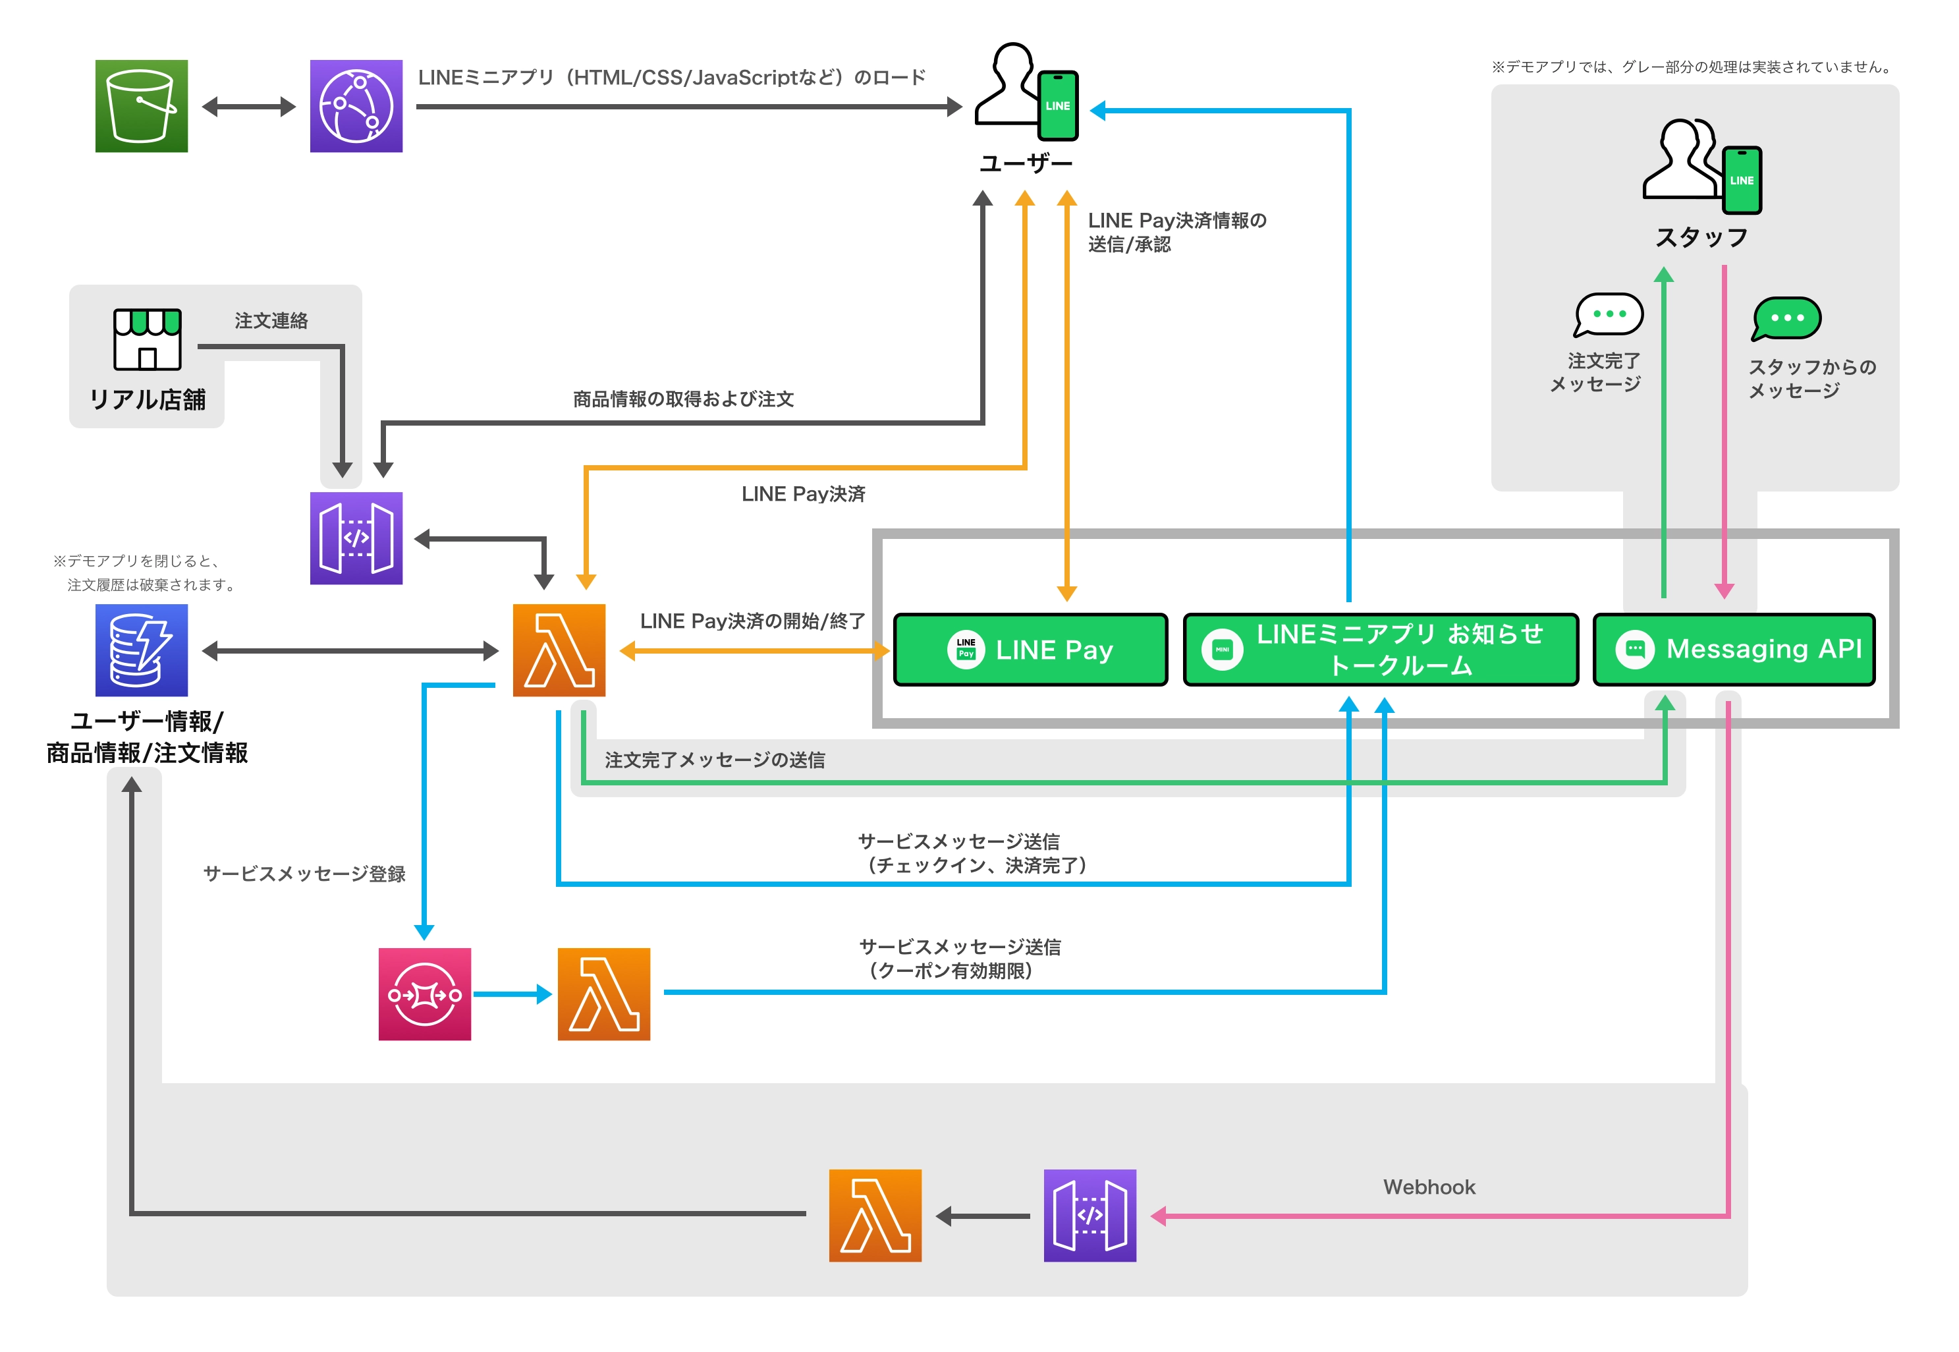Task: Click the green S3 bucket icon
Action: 142,106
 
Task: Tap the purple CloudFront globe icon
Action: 356,106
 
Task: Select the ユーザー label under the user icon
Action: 1026,163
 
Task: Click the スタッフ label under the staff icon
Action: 1701,238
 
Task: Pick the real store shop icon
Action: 148,339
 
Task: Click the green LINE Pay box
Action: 1030,650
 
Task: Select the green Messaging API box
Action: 1733,650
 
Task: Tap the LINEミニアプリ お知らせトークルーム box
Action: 1381,650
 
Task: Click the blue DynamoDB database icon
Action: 142,650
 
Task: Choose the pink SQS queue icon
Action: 424,994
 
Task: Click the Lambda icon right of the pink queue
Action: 604,994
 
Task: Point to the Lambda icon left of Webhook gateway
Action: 875,1216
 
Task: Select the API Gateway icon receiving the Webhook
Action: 1090,1216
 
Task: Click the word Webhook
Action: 1429,1187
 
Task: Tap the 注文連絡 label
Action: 271,321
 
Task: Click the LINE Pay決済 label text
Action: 803,494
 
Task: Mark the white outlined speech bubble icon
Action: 1607,315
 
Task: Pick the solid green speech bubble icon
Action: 1786,318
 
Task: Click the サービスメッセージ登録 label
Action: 304,874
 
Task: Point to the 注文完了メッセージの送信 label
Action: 714,760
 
